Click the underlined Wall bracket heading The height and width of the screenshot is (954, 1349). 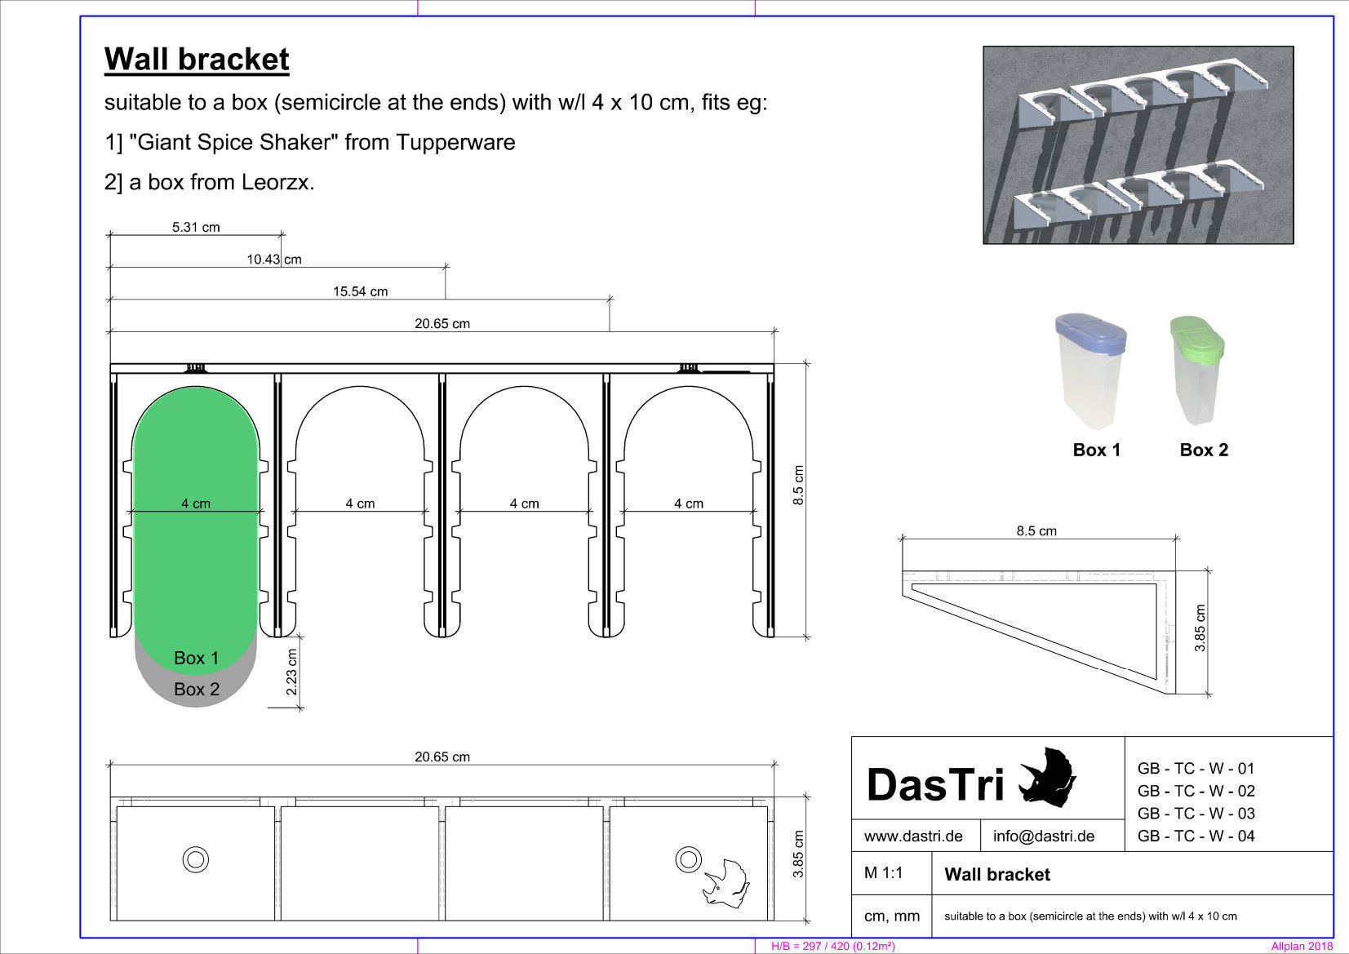pos(197,60)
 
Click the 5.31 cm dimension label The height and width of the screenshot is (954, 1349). pos(196,227)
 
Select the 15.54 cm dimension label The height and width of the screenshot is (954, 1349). pos(360,291)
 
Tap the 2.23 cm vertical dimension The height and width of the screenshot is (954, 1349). pos(292,672)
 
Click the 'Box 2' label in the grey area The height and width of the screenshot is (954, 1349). pos(197,690)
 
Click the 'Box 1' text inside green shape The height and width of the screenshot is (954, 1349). pos(197,658)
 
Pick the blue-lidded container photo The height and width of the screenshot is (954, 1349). pos(1091,371)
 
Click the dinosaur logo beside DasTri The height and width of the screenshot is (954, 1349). pos(1048,778)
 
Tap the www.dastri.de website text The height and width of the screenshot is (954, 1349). pos(913,836)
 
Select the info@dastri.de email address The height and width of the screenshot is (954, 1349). pos(1044,836)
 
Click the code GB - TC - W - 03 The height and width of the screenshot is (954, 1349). pos(1196,814)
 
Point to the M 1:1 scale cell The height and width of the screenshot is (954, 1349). pos(884,873)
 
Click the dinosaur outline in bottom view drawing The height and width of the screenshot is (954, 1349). pos(726,883)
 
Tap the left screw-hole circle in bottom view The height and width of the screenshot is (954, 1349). pos(196,859)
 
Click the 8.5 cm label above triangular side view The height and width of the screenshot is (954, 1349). pos(1036,531)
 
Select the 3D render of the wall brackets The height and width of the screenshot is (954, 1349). pos(1138,145)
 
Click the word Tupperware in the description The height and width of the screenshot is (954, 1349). pos(455,143)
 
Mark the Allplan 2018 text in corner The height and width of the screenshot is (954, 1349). pos(1301,947)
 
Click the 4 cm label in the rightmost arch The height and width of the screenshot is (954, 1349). pos(689,504)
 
